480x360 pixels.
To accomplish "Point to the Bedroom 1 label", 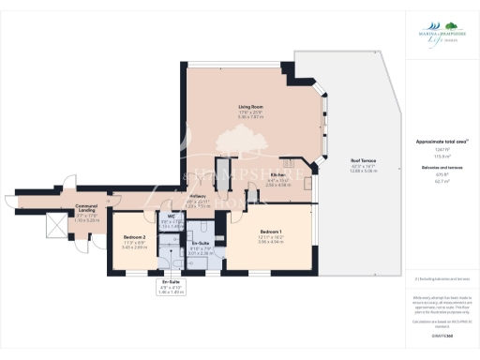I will click(x=272, y=232).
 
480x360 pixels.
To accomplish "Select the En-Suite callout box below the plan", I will click(x=171, y=287).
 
